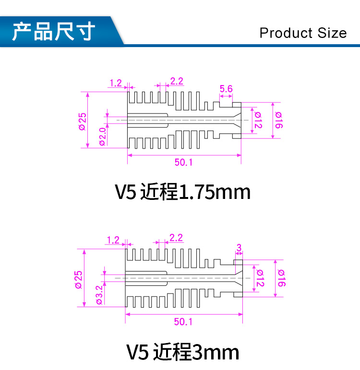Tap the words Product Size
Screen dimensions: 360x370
click(303, 33)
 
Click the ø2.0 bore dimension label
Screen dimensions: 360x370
click(102, 136)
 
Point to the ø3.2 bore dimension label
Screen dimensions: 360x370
click(99, 295)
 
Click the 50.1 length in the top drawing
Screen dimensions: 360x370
click(183, 162)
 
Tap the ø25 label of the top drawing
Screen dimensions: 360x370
click(82, 121)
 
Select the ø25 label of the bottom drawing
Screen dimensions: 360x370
click(78, 279)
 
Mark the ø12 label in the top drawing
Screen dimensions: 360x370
click(258, 120)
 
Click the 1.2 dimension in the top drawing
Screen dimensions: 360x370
click(116, 83)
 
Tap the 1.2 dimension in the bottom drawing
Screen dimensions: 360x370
click(113, 240)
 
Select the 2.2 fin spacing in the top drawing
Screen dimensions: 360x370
click(177, 81)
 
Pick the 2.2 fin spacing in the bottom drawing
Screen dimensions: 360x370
click(176, 238)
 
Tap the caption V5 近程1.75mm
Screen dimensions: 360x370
click(182, 192)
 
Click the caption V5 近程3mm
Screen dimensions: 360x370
click(182, 352)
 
